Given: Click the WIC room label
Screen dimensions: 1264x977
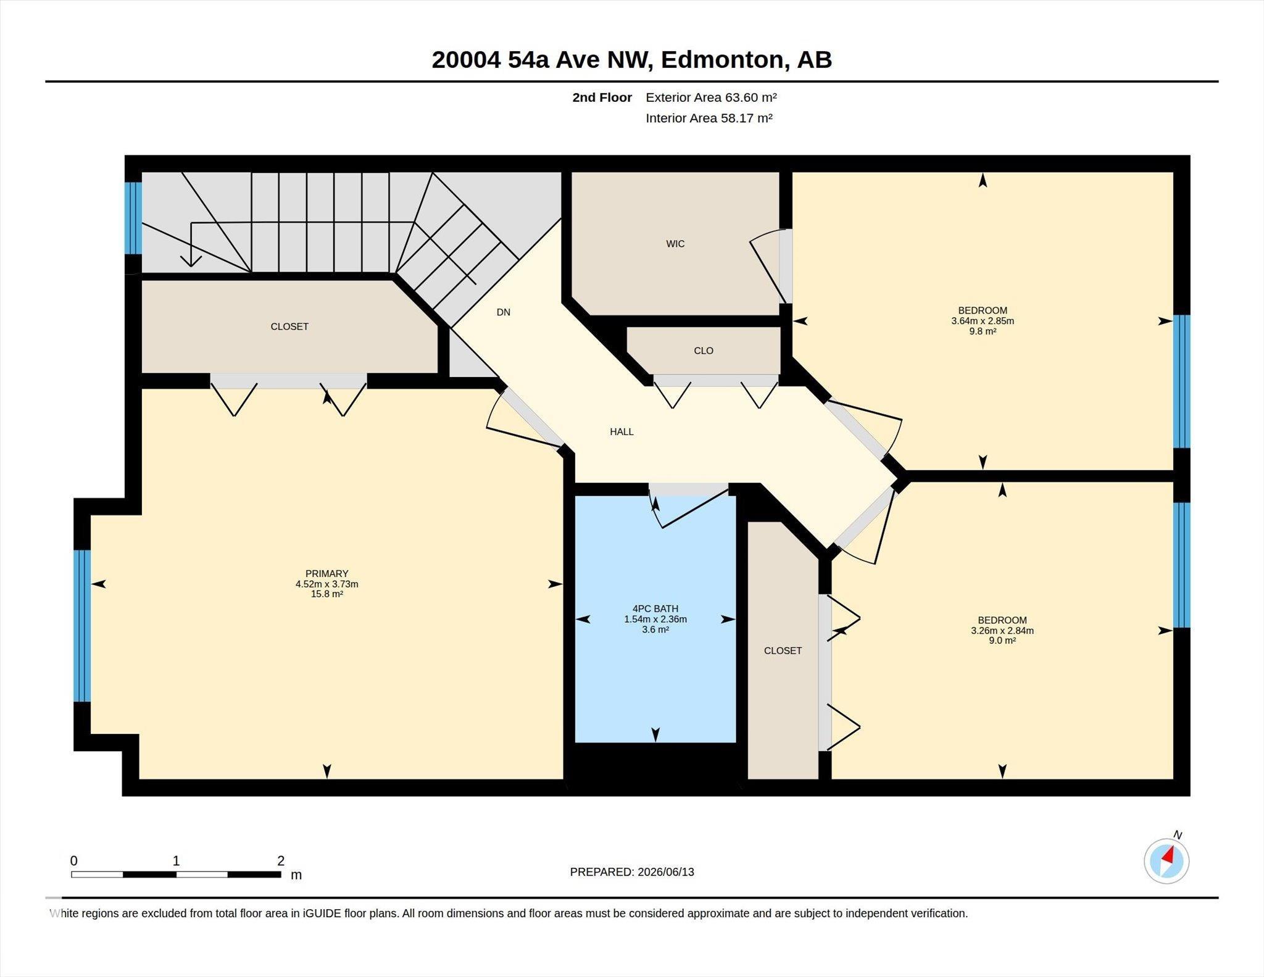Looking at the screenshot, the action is (675, 244).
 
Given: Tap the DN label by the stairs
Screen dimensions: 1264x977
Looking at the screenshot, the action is (504, 312).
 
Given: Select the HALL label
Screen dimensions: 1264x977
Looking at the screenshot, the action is (622, 432).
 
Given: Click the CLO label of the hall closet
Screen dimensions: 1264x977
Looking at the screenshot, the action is (703, 351).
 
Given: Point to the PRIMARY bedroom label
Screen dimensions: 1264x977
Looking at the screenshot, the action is (326, 573).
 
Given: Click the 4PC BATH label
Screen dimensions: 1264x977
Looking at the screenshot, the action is (655, 609).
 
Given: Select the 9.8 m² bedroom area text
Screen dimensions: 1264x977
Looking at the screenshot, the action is (983, 331).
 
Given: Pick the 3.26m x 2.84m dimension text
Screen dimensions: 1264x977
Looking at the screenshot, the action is (1002, 631).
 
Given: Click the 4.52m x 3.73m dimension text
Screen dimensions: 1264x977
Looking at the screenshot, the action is (326, 584).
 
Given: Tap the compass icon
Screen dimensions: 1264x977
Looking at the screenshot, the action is (1166, 860).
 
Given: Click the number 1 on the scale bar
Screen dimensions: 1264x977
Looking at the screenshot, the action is (176, 860).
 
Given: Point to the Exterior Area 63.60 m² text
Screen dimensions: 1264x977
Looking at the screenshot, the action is (711, 98).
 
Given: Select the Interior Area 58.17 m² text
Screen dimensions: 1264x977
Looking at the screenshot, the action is (709, 118).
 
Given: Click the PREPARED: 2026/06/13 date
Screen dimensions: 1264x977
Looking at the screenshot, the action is (632, 872).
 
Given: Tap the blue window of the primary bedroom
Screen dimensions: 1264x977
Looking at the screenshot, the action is (82, 626).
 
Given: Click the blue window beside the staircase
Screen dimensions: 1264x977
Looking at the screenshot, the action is (133, 218).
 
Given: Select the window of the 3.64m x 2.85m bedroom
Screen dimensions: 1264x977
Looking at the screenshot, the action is (1181, 381).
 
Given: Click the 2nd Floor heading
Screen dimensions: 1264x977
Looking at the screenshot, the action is (602, 98).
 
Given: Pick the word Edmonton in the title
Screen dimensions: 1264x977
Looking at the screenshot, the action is (724, 60).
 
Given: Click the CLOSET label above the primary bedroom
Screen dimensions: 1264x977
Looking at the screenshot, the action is (289, 326).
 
